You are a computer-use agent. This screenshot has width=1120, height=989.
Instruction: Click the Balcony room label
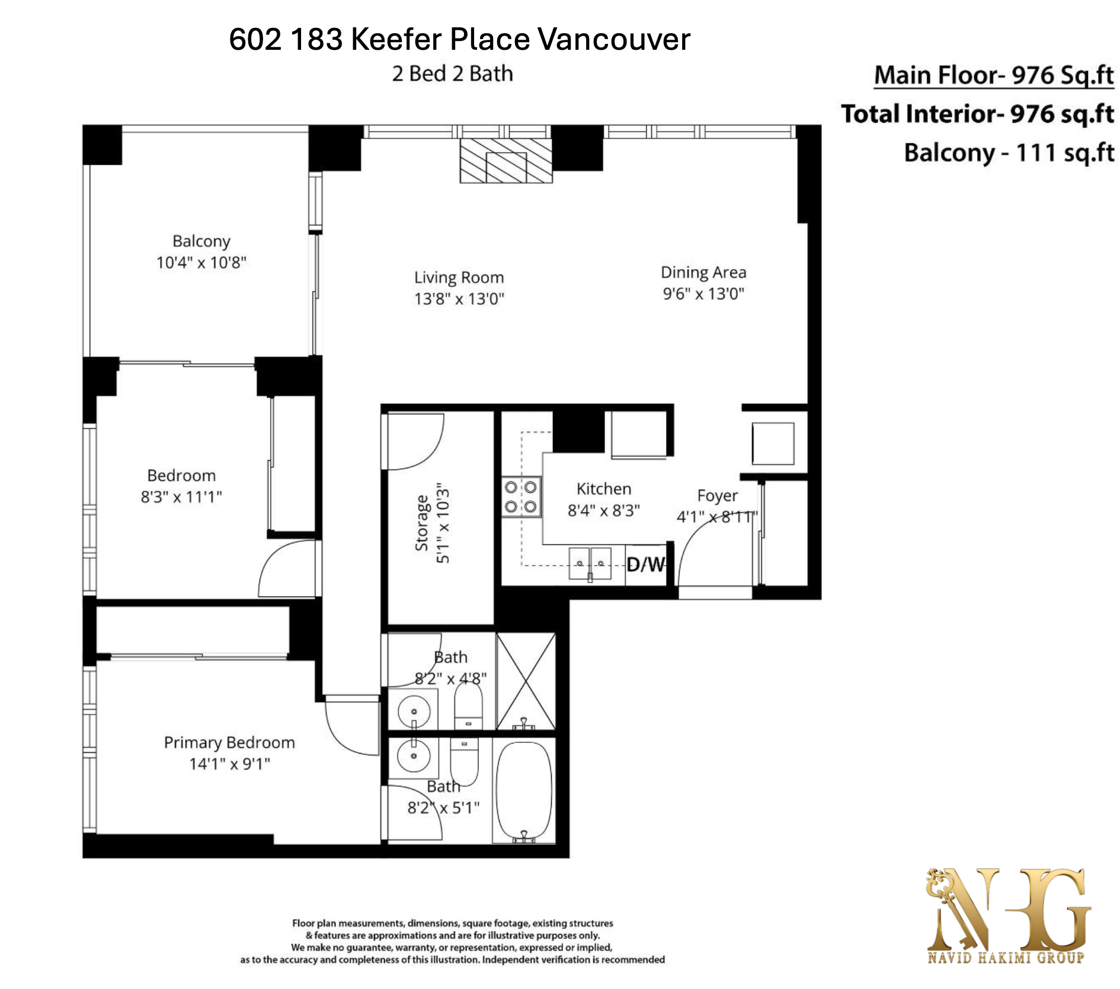(201, 241)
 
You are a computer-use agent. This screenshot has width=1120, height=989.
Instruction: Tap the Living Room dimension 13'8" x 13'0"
(459, 299)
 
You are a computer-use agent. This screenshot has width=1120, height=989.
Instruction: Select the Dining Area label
(703, 273)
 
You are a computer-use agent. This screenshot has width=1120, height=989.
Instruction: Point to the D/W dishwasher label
(645, 564)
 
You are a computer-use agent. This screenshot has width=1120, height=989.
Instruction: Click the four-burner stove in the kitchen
(521, 497)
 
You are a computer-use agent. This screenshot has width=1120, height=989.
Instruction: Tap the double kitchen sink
(590, 564)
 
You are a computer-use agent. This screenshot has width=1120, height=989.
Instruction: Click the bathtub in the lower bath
(524, 791)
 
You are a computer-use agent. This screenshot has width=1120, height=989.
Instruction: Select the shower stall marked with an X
(526, 681)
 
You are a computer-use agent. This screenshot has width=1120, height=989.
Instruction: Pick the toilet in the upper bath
(468, 707)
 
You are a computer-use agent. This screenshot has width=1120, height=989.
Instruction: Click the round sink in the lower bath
(414, 755)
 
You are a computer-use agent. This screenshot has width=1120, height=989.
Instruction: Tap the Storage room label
(422, 523)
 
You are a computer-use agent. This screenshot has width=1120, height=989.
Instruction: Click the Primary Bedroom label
(229, 742)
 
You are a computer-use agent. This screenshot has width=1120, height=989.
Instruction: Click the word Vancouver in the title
(614, 40)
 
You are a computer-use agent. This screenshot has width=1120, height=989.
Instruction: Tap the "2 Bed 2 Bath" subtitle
(453, 74)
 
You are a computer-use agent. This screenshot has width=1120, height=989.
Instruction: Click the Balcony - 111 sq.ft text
(1009, 153)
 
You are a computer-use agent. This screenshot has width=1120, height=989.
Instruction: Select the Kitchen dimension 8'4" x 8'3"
(604, 511)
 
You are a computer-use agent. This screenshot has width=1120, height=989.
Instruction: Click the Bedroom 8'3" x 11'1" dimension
(181, 497)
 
